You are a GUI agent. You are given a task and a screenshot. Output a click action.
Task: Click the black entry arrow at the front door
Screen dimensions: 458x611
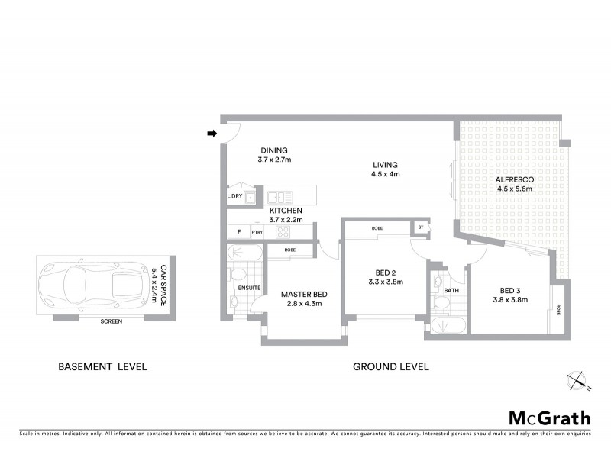click(x=212, y=135)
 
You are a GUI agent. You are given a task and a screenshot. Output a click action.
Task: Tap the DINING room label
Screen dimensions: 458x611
click(x=274, y=150)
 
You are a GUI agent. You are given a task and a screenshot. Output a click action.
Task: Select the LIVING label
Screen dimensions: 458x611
click(x=385, y=165)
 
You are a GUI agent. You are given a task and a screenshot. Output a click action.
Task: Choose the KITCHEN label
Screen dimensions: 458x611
click(x=286, y=211)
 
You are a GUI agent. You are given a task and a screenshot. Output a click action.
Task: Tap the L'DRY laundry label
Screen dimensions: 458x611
click(x=234, y=197)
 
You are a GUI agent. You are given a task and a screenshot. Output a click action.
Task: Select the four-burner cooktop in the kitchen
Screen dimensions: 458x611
click(x=283, y=231)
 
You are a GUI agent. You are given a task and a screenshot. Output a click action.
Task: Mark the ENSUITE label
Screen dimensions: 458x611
click(x=250, y=288)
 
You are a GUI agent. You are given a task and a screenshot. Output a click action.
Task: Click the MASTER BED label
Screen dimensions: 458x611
click(x=304, y=294)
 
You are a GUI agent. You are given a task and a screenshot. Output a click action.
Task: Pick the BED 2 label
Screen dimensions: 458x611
click(x=385, y=272)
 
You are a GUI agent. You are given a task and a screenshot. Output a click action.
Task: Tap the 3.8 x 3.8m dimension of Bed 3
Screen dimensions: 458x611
click(x=513, y=299)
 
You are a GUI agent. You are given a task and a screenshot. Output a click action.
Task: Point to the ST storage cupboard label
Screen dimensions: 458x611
click(x=420, y=227)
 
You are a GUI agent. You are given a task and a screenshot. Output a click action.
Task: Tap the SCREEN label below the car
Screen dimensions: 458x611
click(x=111, y=321)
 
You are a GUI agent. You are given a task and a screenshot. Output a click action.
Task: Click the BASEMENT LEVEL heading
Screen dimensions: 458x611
click(x=102, y=367)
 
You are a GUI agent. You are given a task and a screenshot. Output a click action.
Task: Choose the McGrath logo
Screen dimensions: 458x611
click(x=549, y=418)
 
